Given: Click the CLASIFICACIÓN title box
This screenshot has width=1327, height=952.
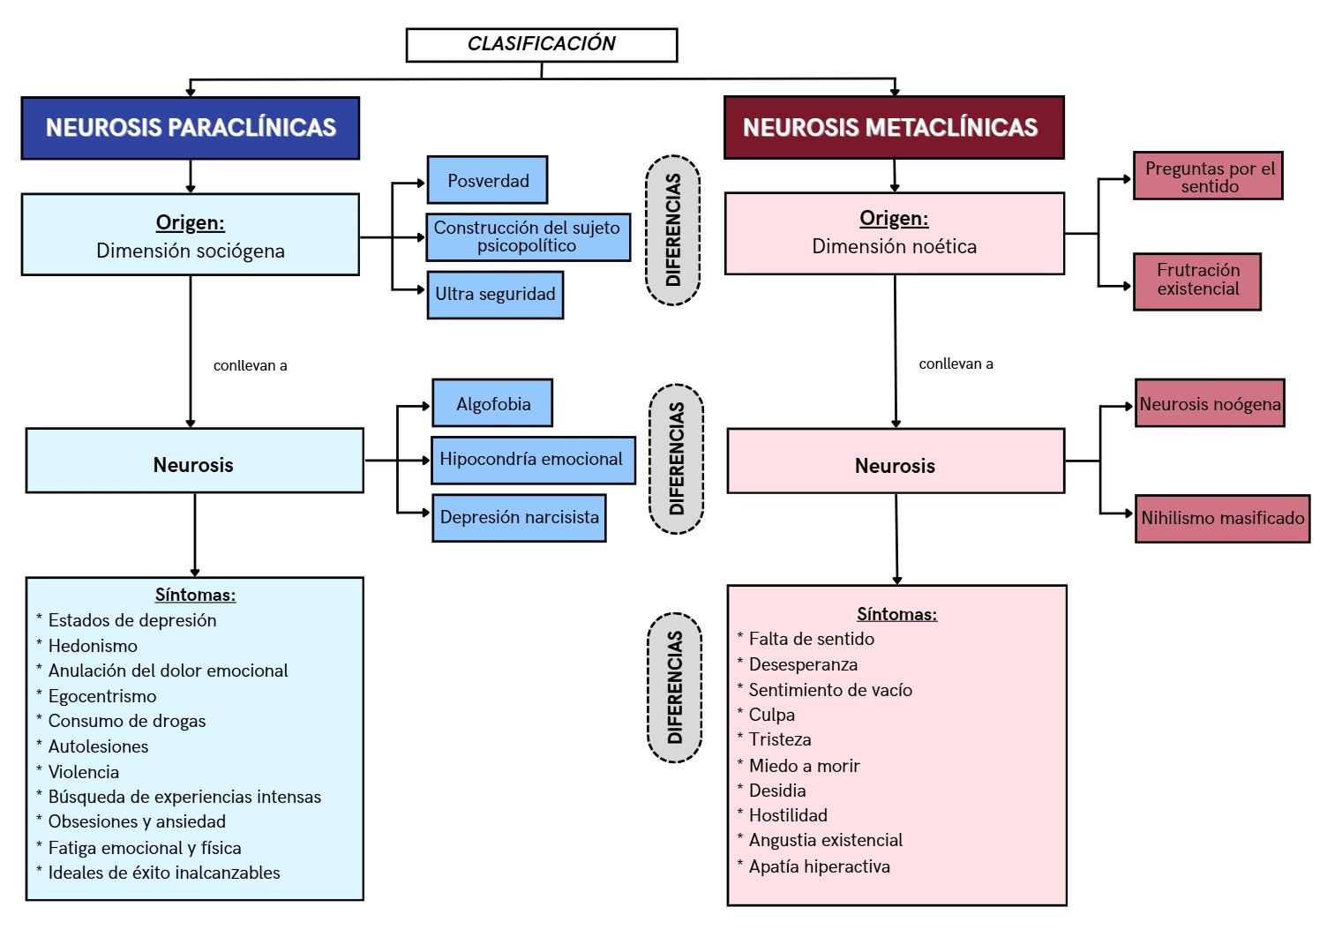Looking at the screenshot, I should pos(541,44).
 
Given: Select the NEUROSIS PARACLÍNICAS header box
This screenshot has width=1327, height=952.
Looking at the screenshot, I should pos(191,128).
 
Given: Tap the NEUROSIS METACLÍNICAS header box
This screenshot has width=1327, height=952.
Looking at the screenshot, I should pos(893,128).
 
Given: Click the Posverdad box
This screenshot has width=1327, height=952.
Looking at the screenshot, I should pos(487,181).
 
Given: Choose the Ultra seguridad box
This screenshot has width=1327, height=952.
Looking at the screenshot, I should pos(495,295).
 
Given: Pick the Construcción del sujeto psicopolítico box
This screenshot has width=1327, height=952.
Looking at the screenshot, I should pos(528,237).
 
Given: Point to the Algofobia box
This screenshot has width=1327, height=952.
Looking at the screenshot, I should pos(492,404).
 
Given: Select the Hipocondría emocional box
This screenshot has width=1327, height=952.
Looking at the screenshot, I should pos(532,460).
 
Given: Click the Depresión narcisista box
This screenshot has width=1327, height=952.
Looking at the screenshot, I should pos(519,518).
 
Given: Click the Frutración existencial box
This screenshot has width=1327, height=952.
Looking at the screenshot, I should pos(1196,281).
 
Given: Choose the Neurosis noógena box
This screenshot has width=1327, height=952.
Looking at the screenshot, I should pos(1209,404).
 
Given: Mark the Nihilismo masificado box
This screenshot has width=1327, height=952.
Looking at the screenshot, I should pos(1222,519).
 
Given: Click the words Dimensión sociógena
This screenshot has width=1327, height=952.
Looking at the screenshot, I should pos(191,251).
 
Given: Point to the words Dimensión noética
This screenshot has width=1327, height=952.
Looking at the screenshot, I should pos(894,247).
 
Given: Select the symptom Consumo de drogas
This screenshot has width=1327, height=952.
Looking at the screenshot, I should pos(126,722).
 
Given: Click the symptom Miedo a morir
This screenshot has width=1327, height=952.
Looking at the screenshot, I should pos(804,766).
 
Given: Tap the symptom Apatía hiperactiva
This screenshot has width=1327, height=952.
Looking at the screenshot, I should pos(819,867).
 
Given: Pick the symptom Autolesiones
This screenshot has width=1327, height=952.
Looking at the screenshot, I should pos(98,747).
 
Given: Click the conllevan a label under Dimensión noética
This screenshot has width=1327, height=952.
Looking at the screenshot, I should pos(956,364).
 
